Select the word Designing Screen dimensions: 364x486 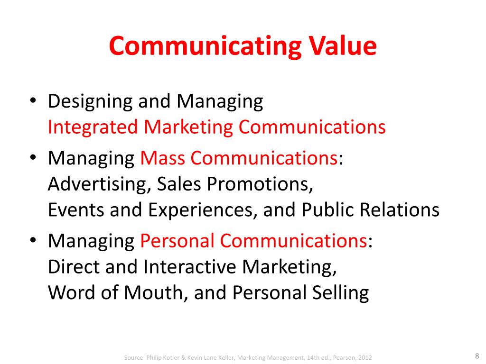pos(90,102)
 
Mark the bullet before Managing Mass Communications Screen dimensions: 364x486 pos(32,158)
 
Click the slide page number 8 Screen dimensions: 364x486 pos(476,356)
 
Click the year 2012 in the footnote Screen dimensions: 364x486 pos(363,357)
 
